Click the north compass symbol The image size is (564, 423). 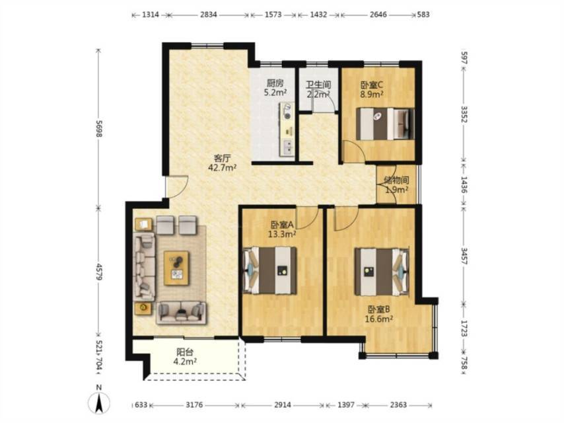pos(98,400)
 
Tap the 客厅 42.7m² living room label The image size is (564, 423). pos(223,163)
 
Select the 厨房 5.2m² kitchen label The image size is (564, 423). pos(275,88)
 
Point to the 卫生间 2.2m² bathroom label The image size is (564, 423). pos(318,90)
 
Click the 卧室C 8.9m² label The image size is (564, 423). pos(372,90)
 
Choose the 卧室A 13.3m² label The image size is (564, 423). pos(282,230)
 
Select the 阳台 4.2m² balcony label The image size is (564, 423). pos(185,356)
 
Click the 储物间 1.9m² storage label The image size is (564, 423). pos(396,184)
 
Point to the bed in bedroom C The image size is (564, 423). pos(384,124)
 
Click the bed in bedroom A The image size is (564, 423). pos(270,270)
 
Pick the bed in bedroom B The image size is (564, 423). pos(382,272)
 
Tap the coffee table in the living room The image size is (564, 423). pos(176,268)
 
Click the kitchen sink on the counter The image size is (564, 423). pos(288,147)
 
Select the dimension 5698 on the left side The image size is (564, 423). pos(99,128)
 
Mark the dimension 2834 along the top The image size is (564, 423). pos(209,15)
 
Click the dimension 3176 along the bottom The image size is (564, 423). pos(194,405)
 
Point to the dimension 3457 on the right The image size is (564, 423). pos(464,256)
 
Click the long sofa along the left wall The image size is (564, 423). pos(145,266)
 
